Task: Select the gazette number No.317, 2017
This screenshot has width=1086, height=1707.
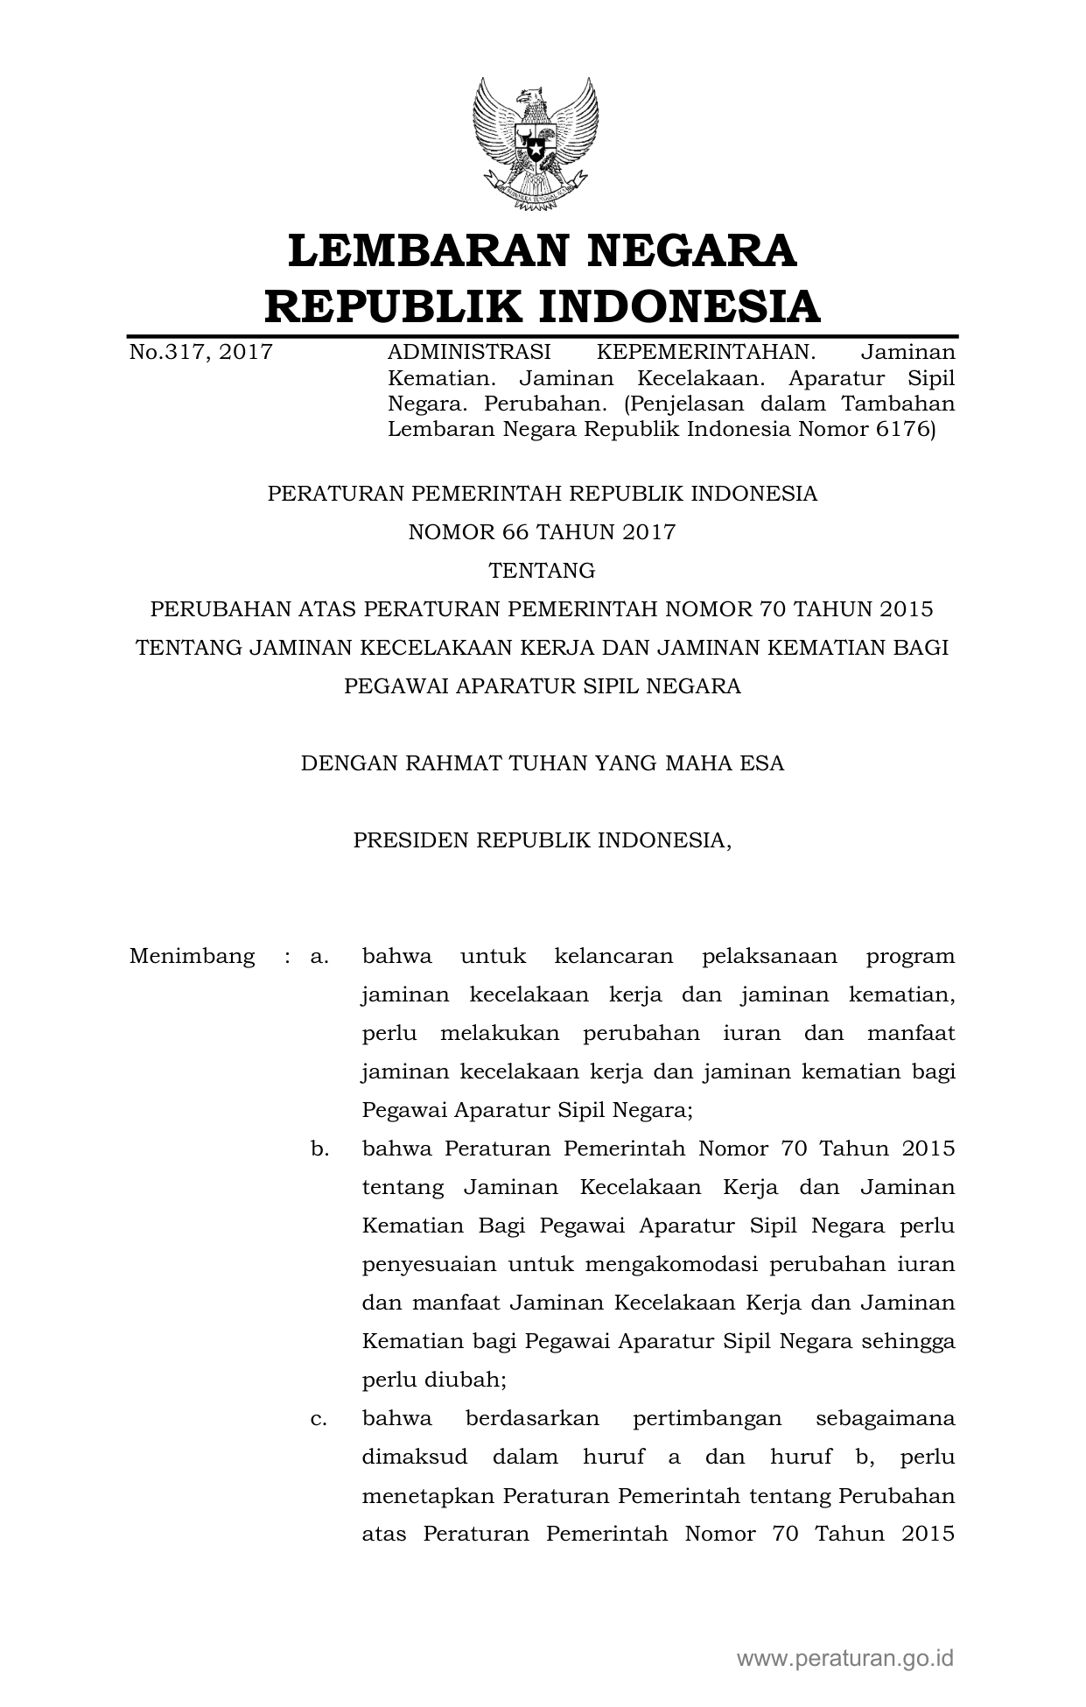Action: (200, 353)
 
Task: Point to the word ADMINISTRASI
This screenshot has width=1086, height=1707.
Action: (469, 353)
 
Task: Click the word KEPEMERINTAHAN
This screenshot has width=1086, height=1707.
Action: (705, 353)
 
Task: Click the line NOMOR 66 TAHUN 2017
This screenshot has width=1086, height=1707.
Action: (542, 532)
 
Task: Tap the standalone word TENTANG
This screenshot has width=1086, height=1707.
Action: (542, 571)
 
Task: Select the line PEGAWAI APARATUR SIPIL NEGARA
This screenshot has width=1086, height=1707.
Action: (542, 686)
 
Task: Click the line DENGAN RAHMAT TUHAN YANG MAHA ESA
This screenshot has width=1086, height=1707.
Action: (542, 763)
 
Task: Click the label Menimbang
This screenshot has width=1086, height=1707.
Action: (192, 956)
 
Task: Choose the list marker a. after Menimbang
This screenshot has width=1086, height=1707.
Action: (319, 956)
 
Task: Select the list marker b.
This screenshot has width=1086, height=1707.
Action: (319, 1149)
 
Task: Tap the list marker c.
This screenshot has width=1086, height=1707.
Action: (319, 1418)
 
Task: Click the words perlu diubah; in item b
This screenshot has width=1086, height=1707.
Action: (434, 1380)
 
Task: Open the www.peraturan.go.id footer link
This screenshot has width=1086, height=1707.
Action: (844, 1657)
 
